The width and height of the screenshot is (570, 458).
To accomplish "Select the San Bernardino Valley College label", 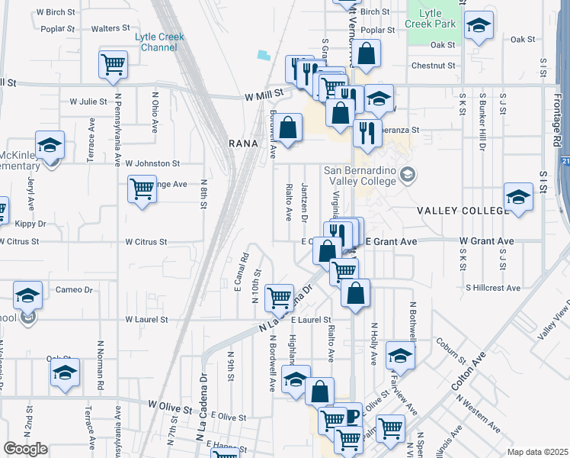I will pos(360,175).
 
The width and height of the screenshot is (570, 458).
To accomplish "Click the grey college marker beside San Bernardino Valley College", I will pos(408,175).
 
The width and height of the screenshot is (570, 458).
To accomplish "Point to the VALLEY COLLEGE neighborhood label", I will pos(462,210).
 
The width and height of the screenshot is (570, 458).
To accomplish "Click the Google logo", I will pos(26,448).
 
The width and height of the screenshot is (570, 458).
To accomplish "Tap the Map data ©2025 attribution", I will pos(537,452).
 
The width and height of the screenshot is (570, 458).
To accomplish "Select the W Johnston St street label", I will pos(152,163).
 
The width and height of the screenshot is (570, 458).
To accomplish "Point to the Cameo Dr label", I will pos(74,290).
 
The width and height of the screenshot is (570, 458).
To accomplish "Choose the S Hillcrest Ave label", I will pos(493,288).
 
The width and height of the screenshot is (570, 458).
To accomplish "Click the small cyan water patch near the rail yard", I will pos(264,56).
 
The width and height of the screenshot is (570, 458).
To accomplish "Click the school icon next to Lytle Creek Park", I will pos(479,26).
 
